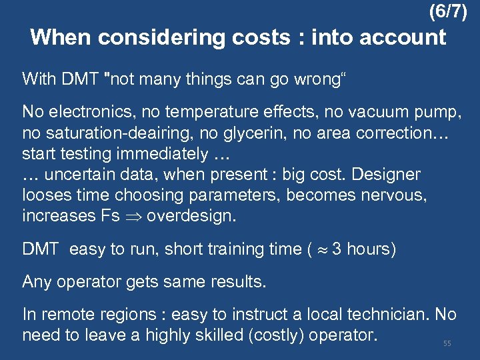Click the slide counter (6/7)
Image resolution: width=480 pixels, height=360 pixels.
(x=448, y=11)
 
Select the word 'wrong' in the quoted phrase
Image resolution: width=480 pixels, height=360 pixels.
(x=308, y=79)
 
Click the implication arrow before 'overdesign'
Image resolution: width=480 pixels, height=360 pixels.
(x=134, y=216)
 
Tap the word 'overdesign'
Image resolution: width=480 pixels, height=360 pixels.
(x=191, y=216)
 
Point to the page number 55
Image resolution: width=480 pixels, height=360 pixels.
(x=447, y=343)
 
